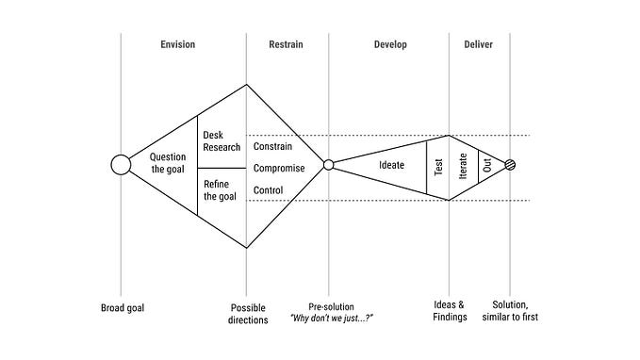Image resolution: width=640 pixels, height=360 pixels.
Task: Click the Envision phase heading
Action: click(x=184, y=44)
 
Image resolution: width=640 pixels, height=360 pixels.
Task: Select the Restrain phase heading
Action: click(x=287, y=44)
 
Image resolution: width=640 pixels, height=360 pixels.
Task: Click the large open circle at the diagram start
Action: click(x=121, y=165)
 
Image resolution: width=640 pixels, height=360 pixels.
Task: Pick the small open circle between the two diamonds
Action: click(x=329, y=165)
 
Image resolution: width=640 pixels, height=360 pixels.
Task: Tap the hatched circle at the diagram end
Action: click(x=511, y=165)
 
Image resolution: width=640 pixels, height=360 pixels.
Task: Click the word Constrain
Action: click(x=273, y=147)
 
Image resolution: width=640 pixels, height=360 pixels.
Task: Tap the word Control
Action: click(x=270, y=190)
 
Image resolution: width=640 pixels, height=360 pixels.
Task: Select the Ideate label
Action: click(x=391, y=166)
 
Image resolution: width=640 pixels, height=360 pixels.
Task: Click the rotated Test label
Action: click(x=437, y=167)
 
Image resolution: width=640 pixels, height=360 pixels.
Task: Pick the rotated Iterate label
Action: click(x=463, y=166)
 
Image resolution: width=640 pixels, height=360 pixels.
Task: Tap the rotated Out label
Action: click(x=488, y=166)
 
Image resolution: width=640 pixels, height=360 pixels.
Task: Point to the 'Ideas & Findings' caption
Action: click(x=449, y=314)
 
